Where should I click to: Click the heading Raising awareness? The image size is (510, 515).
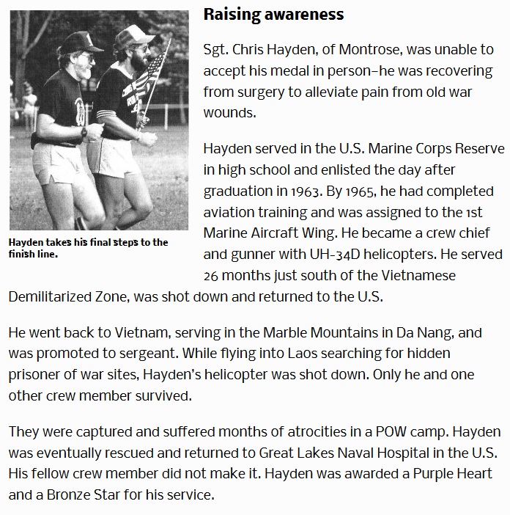click(x=273, y=15)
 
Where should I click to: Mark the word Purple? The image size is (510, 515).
click(x=407, y=473)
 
